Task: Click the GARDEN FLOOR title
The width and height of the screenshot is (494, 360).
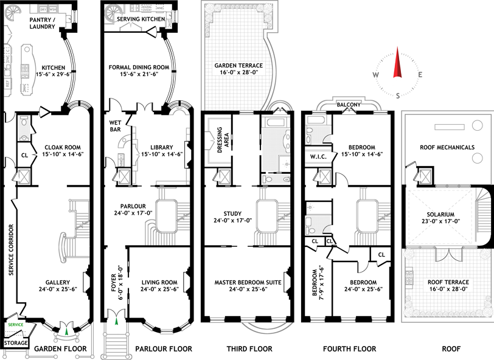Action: point(60,348)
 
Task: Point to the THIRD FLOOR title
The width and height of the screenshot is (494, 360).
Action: point(251,348)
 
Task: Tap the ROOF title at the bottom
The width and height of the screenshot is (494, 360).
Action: point(447,348)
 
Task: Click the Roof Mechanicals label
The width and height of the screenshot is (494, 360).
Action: point(447,147)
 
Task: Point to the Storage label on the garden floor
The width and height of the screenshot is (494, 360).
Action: point(15,343)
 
